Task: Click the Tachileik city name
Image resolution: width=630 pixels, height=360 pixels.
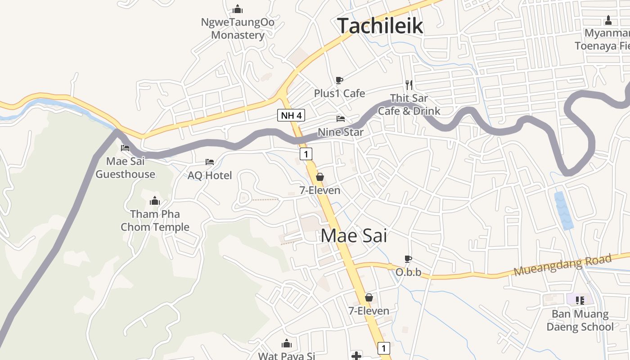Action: tap(380, 26)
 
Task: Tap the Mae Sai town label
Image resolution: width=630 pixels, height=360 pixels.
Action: tap(354, 236)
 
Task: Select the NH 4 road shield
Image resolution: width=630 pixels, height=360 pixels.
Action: tap(291, 115)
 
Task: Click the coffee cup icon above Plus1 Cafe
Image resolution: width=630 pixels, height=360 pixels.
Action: tap(339, 80)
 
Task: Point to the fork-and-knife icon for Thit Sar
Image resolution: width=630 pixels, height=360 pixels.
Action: tap(409, 84)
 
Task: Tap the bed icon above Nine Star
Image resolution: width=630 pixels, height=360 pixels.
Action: tap(341, 119)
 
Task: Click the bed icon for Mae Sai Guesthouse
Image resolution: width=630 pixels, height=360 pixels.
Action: tap(125, 148)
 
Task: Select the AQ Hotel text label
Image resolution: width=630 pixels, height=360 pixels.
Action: tap(210, 175)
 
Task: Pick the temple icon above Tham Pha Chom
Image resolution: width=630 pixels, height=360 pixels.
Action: tap(155, 201)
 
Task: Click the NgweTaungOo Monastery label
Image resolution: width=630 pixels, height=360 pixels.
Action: tap(238, 28)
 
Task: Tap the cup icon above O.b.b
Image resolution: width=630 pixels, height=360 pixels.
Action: tap(408, 259)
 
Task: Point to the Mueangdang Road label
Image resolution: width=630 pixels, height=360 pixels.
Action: tap(562, 265)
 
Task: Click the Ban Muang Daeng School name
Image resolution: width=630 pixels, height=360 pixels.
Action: tap(580, 320)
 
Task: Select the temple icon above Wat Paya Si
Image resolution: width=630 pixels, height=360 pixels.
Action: tap(287, 343)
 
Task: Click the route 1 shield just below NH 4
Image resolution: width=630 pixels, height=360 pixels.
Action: tap(306, 154)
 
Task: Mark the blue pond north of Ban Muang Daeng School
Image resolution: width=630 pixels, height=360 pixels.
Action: tap(563, 211)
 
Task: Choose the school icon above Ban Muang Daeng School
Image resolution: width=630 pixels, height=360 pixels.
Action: tap(580, 300)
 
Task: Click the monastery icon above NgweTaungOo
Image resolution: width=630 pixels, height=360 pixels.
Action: tap(238, 9)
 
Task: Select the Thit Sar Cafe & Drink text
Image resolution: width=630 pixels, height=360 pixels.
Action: tap(409, 104)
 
